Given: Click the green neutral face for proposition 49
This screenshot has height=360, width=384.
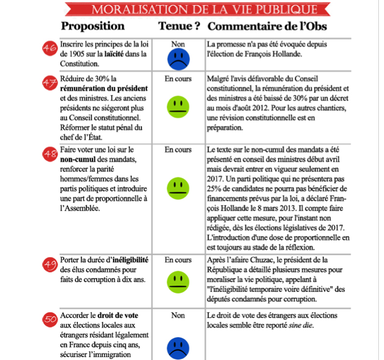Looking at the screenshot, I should (x=178, y=280).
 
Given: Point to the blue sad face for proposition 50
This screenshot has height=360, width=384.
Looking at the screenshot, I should (x=178, y=347).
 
